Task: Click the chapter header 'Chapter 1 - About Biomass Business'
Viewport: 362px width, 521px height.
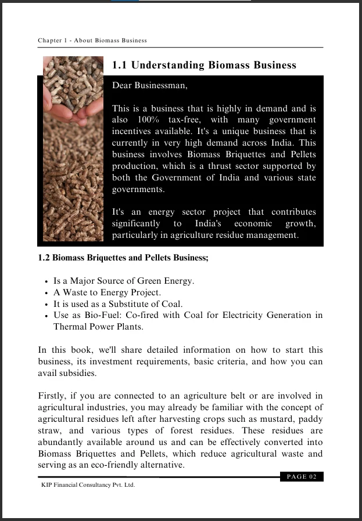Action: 92,41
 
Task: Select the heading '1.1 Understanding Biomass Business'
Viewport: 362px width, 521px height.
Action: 204,66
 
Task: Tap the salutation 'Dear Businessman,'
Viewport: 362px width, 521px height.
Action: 150,85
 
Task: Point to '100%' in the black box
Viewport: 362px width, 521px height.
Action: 139,120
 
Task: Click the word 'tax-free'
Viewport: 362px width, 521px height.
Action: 184,120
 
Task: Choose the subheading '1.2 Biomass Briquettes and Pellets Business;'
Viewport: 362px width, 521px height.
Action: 123,259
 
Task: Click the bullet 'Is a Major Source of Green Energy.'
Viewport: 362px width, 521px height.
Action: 124,281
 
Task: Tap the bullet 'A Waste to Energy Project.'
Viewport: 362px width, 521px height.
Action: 107,292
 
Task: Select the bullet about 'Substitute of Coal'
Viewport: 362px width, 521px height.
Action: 118,304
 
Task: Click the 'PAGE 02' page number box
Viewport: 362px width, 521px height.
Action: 302,477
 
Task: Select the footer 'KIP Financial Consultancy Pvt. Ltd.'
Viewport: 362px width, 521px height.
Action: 88,484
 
